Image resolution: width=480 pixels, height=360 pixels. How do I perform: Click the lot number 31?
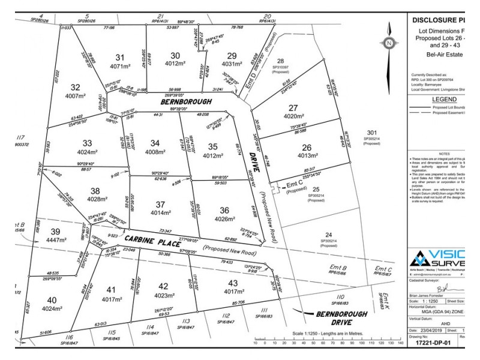[119, 58]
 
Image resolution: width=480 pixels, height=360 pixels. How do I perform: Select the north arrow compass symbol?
[389, 43]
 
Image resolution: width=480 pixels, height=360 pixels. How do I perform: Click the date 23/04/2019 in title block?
[426, 331]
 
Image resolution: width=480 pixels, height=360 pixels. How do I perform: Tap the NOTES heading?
[444, 153]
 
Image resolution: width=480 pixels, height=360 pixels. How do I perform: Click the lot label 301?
[372, 133]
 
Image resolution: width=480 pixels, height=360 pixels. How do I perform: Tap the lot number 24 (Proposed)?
[328, 235]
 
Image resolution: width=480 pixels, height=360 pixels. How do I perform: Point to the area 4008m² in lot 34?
[155, 152]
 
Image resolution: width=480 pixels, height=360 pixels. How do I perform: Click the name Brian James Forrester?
[433, 295]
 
